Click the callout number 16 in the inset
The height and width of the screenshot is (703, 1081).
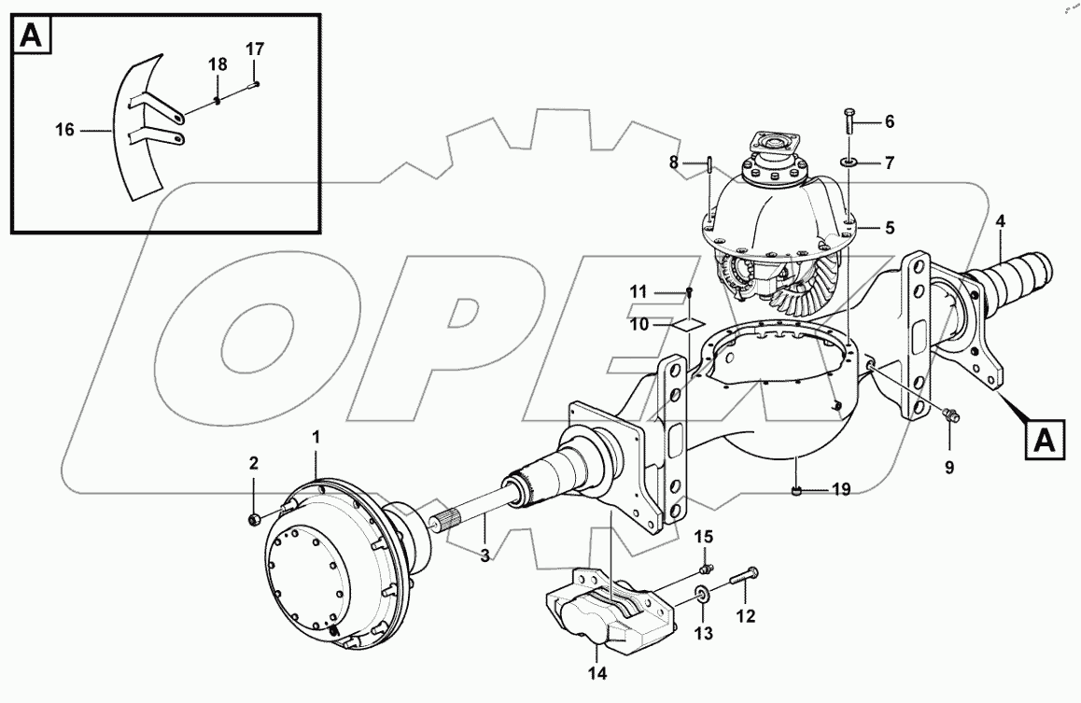tap(64, 131)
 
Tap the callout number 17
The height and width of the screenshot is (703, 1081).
tap(255, 49)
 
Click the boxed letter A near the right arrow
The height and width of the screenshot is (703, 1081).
tap(1045, 441)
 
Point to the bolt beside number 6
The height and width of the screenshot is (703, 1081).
tap(849, 120)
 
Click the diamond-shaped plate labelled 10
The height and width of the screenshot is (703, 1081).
tap(688, 324)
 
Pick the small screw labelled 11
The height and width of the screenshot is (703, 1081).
tap(689, 292)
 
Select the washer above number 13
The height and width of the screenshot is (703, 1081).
tap(700, 593)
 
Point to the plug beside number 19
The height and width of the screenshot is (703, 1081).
tap(794, 489)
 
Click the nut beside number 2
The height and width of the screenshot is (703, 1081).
tap(254, 518)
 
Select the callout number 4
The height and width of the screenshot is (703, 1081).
tap(1000, 222)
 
